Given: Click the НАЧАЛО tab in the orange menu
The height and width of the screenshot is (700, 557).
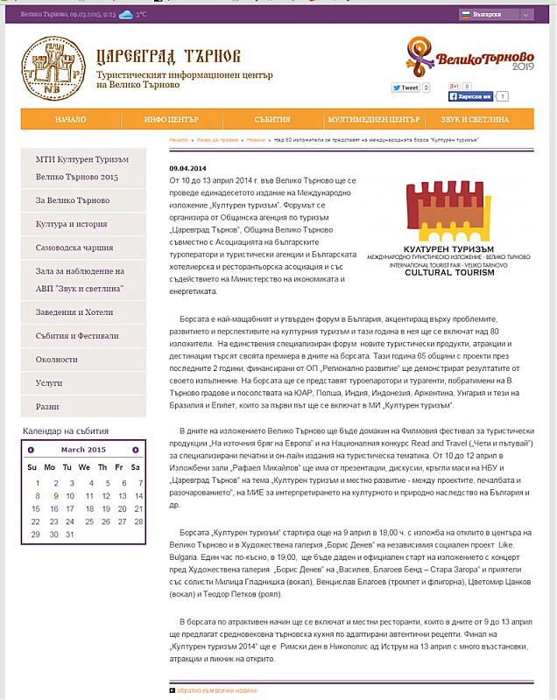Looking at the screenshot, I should click(69, 119).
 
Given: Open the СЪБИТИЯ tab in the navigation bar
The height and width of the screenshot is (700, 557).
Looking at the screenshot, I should click(272, 119).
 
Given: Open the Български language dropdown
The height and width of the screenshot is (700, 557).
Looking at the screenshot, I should click(497, 15).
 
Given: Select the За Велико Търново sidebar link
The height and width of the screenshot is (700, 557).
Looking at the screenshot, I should click(72, 200).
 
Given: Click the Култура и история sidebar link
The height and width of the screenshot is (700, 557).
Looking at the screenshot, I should click(72, 224).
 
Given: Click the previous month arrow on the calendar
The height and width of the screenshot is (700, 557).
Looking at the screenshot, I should click(32, 450).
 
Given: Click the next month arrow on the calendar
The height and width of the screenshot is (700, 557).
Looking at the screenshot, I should click(135, 450).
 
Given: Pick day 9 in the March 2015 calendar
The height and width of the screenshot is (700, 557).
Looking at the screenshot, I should click(56, 495).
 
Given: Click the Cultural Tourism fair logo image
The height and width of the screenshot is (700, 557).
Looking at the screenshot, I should click(449, 228).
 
